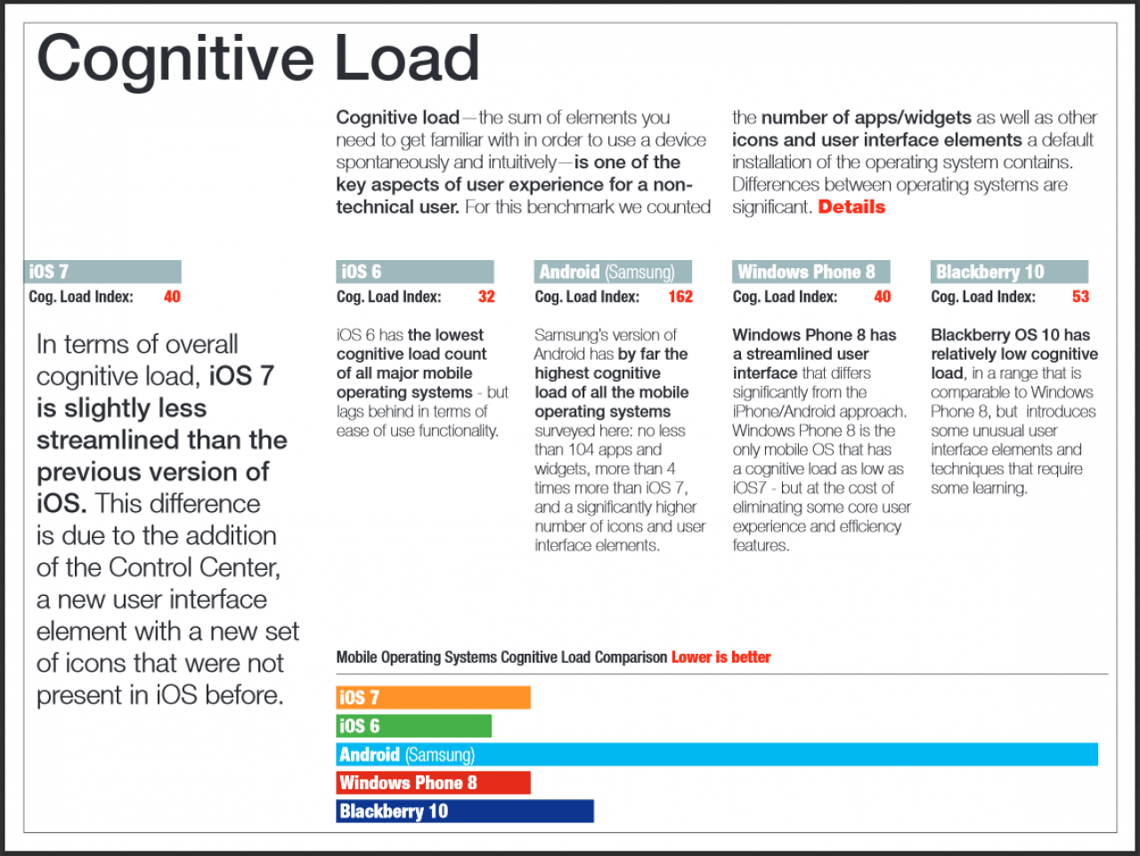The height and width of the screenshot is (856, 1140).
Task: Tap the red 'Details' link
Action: tap(851, 207)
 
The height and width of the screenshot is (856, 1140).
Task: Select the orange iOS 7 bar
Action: tap(433, 697)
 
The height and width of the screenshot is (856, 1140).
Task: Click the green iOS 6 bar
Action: tap(413, 726)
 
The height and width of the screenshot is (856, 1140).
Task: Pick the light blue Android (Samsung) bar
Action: tap(717, 754)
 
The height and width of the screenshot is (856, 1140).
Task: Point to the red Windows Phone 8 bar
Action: tap(433, 782)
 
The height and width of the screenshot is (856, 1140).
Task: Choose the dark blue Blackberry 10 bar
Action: tap(465, 811)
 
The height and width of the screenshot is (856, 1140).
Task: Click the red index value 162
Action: tap(680, 297)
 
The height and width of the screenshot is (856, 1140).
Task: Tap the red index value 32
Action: tap(486, 297)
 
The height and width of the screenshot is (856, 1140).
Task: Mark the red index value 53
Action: tap(1080, 297)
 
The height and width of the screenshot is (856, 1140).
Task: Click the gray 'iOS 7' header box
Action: tap(102, 272)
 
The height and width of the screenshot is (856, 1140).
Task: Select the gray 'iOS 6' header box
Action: tap(414, 272)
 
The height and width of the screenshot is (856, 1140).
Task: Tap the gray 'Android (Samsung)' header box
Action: tap(613, 272)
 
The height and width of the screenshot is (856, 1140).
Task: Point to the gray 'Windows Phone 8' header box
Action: tap(810, 272)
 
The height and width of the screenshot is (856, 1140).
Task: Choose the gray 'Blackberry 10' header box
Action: tap(1009, 272)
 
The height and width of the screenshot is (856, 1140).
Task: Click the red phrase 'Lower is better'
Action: tap(721, 657)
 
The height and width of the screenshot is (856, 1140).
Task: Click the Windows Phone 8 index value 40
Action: tap(882, 297)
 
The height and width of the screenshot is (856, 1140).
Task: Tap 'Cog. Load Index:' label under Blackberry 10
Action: tap(983, 297)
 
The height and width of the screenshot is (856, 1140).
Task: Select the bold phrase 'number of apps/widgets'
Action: tap(866, 118)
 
